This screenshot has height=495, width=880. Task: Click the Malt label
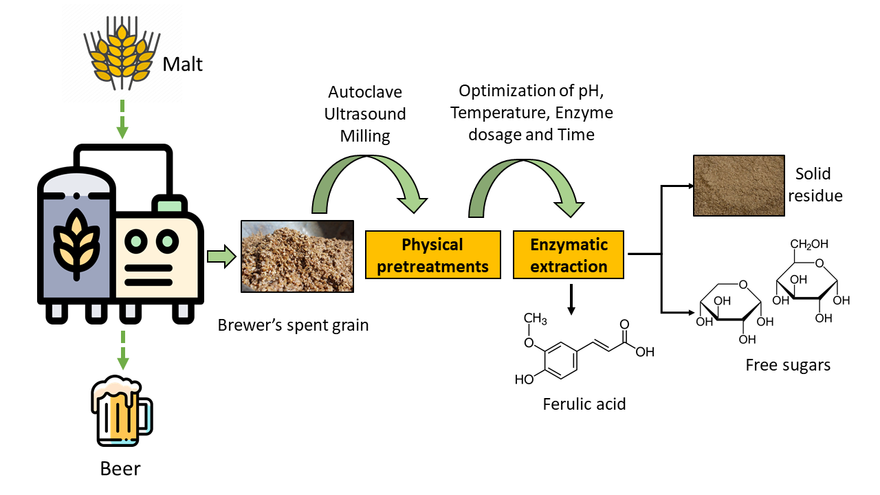184,65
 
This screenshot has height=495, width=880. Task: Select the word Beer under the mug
120,469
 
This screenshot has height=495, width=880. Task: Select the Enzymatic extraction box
569,255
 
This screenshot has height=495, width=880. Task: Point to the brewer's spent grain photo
297,256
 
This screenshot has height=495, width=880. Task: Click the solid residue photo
738,185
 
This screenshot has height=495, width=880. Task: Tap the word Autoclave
365,92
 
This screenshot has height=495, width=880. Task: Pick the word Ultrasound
365,114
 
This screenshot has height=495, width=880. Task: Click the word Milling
365,136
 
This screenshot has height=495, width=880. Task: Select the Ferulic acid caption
584,404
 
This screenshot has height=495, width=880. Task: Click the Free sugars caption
788,365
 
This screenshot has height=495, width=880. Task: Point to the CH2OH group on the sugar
808,244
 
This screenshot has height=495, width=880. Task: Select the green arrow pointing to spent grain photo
221,257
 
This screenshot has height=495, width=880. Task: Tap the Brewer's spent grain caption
293,324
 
